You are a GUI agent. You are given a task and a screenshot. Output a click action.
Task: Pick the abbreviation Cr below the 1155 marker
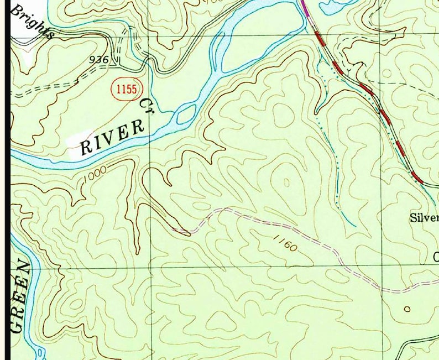[146, 103]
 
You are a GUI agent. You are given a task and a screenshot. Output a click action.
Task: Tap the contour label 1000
[96, 177]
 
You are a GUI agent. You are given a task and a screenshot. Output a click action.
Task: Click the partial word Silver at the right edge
[424, 217]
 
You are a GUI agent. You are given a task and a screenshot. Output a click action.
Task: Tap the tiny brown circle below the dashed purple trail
[407, 309]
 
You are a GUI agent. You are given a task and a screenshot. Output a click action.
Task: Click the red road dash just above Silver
[418, 178]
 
